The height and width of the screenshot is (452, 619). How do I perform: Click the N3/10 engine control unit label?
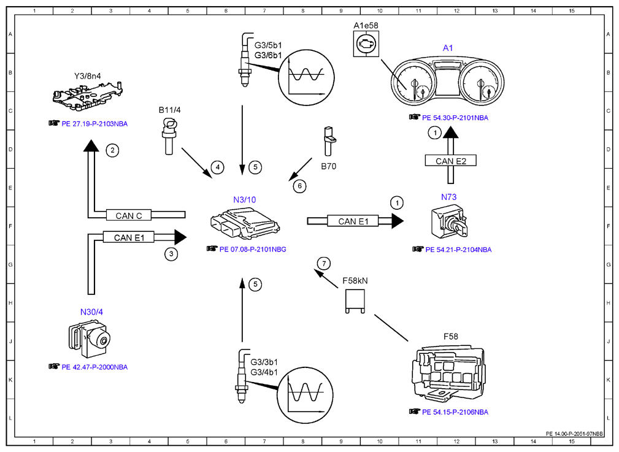[x=244, y=200]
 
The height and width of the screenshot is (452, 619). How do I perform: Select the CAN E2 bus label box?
[x=450, y=161]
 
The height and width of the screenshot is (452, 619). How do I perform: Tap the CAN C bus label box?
[x=129, y=215]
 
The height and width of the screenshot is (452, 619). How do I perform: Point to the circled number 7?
[x=324, y=263]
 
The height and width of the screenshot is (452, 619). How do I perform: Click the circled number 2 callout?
[x=112, y=150]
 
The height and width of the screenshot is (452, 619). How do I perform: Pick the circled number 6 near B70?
[x=299, y=186]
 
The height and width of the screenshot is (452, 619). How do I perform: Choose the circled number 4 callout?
[x=218, y=167]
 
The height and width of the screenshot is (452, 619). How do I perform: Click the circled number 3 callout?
[x=171, y=254]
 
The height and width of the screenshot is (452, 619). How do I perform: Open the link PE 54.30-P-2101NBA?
[x=455, y=118]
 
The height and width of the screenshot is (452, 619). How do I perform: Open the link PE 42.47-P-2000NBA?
[x=94, y=367]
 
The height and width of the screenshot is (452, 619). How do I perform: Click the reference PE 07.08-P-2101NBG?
[x=253, y=249]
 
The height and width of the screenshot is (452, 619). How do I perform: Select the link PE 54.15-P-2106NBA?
[x=455, y=412]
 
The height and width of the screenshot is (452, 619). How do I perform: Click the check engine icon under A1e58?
[x=366, y=44]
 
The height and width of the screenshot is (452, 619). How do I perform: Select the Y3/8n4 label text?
[x=88, y=76]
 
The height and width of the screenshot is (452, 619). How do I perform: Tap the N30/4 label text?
[x=91, y=312]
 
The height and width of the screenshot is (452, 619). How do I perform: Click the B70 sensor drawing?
[x=329, y=141]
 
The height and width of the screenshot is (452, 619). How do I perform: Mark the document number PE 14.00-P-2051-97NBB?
[x=574, y=434]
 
